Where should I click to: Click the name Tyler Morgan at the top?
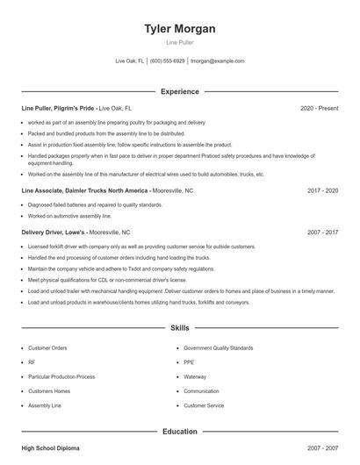coord(180,29)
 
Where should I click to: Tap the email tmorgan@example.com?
coord(217,61)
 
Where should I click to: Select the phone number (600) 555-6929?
coord(167,61)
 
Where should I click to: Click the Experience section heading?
coord(180,91)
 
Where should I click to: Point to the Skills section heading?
coord(180,328)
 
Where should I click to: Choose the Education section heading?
coord(180,432)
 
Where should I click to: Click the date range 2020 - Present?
coord(319,108)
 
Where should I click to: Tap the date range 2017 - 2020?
coord(322,190)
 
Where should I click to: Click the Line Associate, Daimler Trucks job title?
coord(84,190)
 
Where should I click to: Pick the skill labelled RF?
coord(32,361)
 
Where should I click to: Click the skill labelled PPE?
coord(189,361)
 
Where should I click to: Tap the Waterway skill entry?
coord(194,376)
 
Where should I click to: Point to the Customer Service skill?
coord(204,405)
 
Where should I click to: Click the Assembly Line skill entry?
coord(44,405)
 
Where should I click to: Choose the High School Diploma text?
coord(50,448)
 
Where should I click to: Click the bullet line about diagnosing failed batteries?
coord(83,204)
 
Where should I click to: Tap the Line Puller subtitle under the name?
coord(180,42)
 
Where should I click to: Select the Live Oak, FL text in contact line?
coord(129,61)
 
